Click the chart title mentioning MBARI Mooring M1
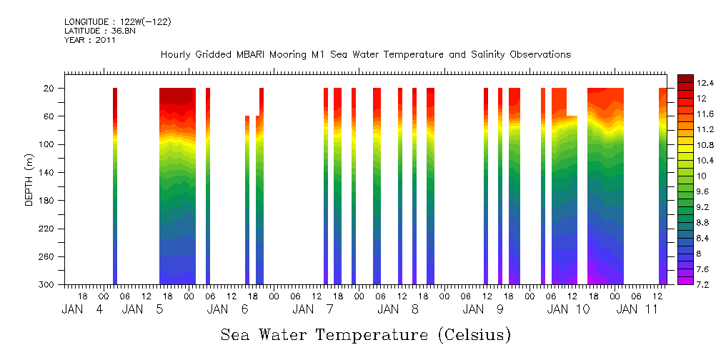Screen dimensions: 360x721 click(365, 55)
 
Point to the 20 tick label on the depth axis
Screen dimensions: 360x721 click(51, 89)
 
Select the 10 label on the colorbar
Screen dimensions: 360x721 click(701, 176)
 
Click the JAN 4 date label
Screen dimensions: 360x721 click(82, 309)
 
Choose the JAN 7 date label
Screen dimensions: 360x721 click(314, 309)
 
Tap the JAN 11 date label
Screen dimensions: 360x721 click(637, 309)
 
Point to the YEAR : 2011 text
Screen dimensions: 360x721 click(89, 40)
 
